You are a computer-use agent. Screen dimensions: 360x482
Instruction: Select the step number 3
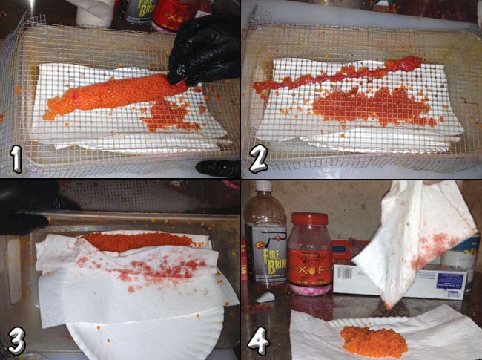tap(16, 341)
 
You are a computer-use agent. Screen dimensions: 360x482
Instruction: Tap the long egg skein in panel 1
tap(111, 94)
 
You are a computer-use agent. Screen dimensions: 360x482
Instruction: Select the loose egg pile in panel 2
tap(371, 105)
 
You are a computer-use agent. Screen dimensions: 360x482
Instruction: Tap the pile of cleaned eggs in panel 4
tap(374, 341)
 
